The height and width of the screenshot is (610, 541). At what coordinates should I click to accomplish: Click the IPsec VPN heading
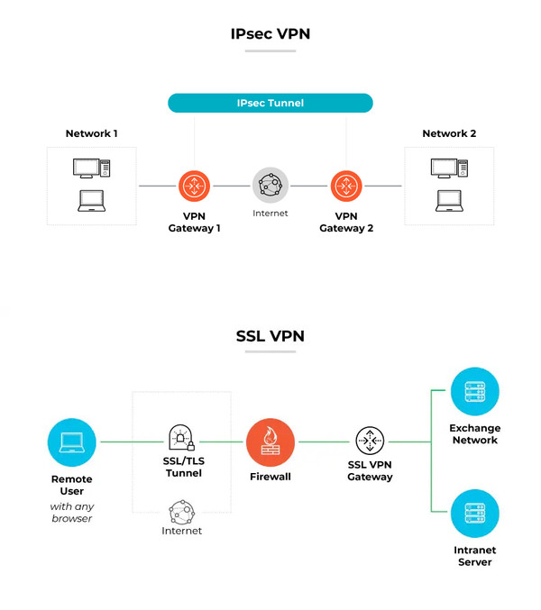pos(270,35)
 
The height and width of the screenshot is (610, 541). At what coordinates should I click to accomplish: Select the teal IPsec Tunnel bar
pos(270,103)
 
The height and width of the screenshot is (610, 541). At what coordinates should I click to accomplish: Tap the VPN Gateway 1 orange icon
pos(194,186)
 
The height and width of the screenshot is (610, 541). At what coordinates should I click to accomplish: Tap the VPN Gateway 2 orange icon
pos(346,186)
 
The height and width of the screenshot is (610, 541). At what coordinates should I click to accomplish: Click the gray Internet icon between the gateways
pos(270,186)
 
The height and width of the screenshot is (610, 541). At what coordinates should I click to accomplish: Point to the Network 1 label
pos(91,133)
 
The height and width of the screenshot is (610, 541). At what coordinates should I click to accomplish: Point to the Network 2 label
pos(449,133)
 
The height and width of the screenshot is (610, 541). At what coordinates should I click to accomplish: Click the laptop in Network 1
pos(91,201)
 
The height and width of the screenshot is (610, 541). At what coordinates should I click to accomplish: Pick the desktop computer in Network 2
pos(448,168)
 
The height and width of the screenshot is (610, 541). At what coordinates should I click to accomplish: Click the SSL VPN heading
pos(270,336)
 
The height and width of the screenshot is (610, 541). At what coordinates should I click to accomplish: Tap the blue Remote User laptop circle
pos(71,442)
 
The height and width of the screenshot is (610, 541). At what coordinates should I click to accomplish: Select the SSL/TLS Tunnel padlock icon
pos(181,440)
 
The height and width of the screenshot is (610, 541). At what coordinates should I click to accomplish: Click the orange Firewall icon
pos(270,442)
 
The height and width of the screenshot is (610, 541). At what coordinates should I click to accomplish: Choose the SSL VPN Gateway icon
pos(370,442)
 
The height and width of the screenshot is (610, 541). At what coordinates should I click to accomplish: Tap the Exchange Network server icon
pos(474,391)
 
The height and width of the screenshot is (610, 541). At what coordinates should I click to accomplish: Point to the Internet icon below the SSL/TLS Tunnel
pos(181,512)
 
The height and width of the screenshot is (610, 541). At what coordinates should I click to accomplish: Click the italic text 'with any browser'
pos(71,513)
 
